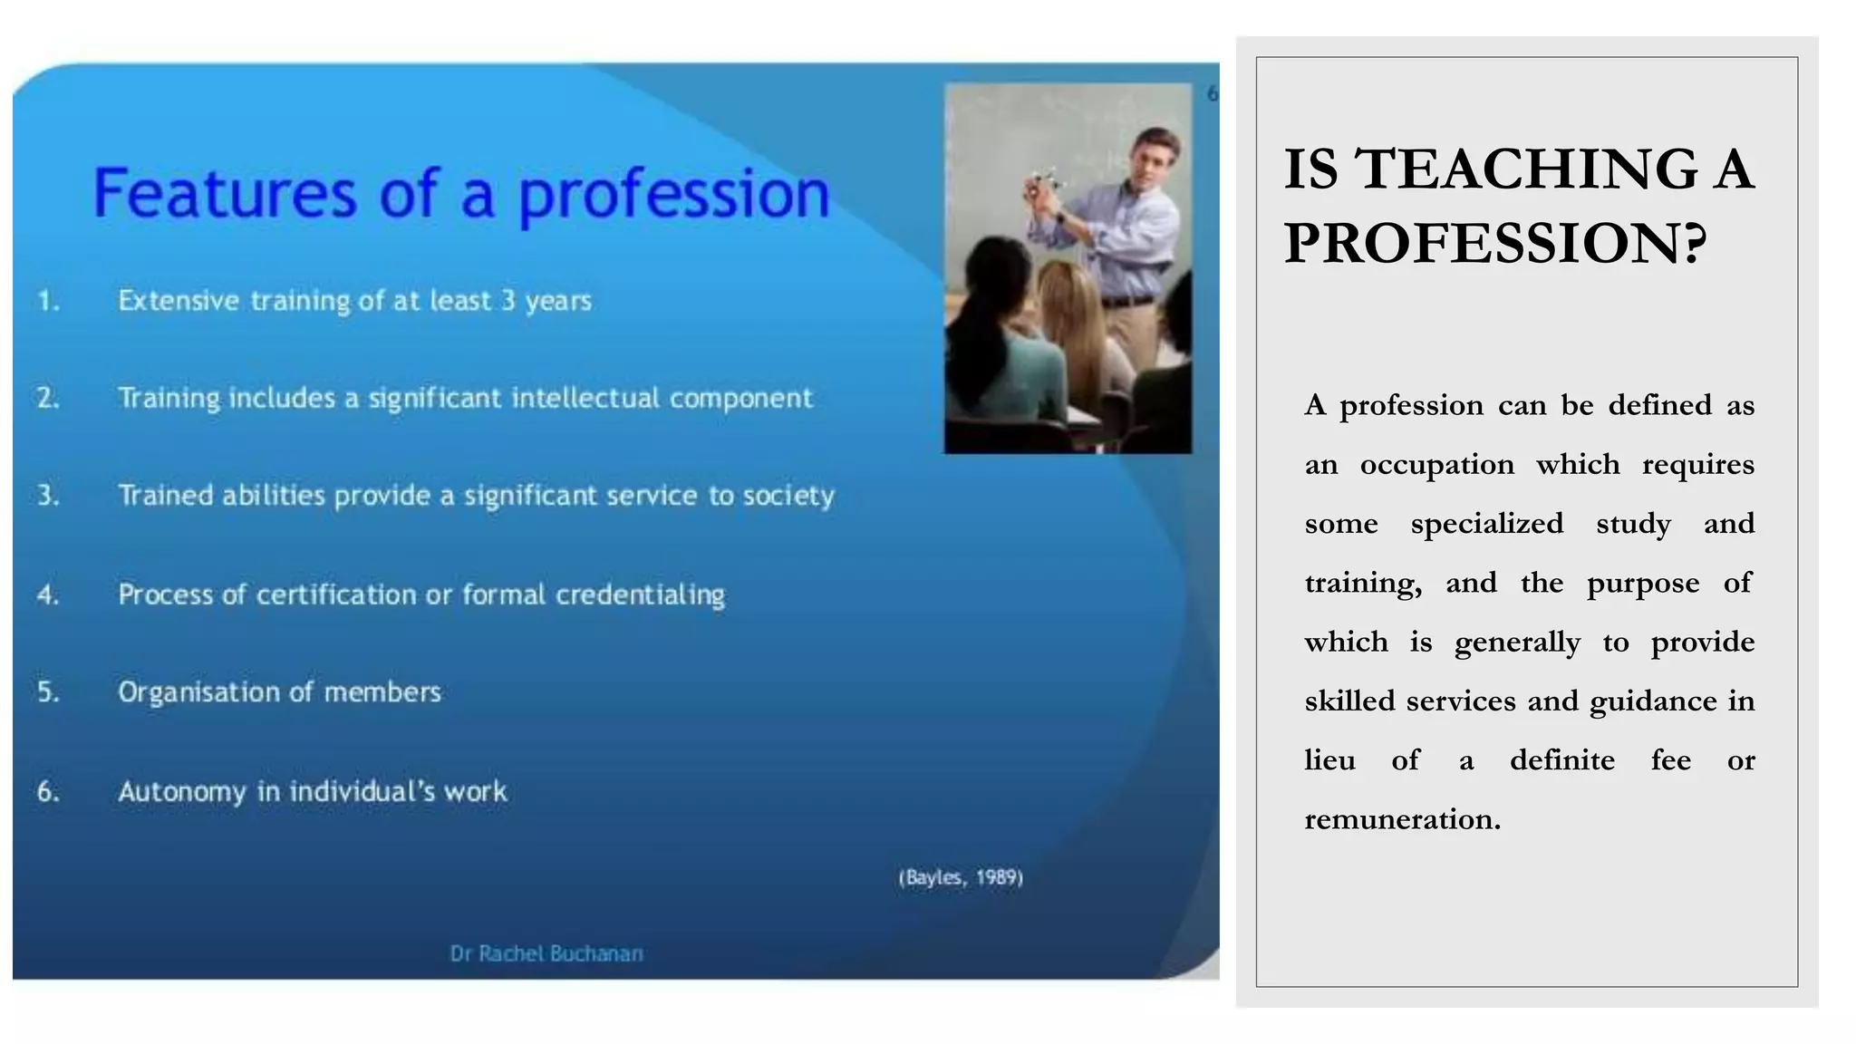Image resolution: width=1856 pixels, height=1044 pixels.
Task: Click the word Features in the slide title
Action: pos(225,193)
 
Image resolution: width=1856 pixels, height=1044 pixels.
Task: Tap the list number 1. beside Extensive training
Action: pos(48,301)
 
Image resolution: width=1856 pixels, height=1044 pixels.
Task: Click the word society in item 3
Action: pos(788,496)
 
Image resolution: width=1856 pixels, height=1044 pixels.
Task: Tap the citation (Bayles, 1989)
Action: pos(961,877)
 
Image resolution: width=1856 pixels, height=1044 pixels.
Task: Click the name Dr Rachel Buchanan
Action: pos(546,953)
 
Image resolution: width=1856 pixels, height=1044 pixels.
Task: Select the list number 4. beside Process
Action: pos(48,594)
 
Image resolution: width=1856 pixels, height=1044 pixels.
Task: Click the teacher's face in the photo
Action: pos(1150,161)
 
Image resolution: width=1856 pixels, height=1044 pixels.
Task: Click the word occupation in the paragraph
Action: pos(1436,465)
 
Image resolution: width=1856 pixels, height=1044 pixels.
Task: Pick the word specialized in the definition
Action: pos(1486,524)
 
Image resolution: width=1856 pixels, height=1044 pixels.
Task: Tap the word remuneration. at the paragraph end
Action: pos(1402,819)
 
